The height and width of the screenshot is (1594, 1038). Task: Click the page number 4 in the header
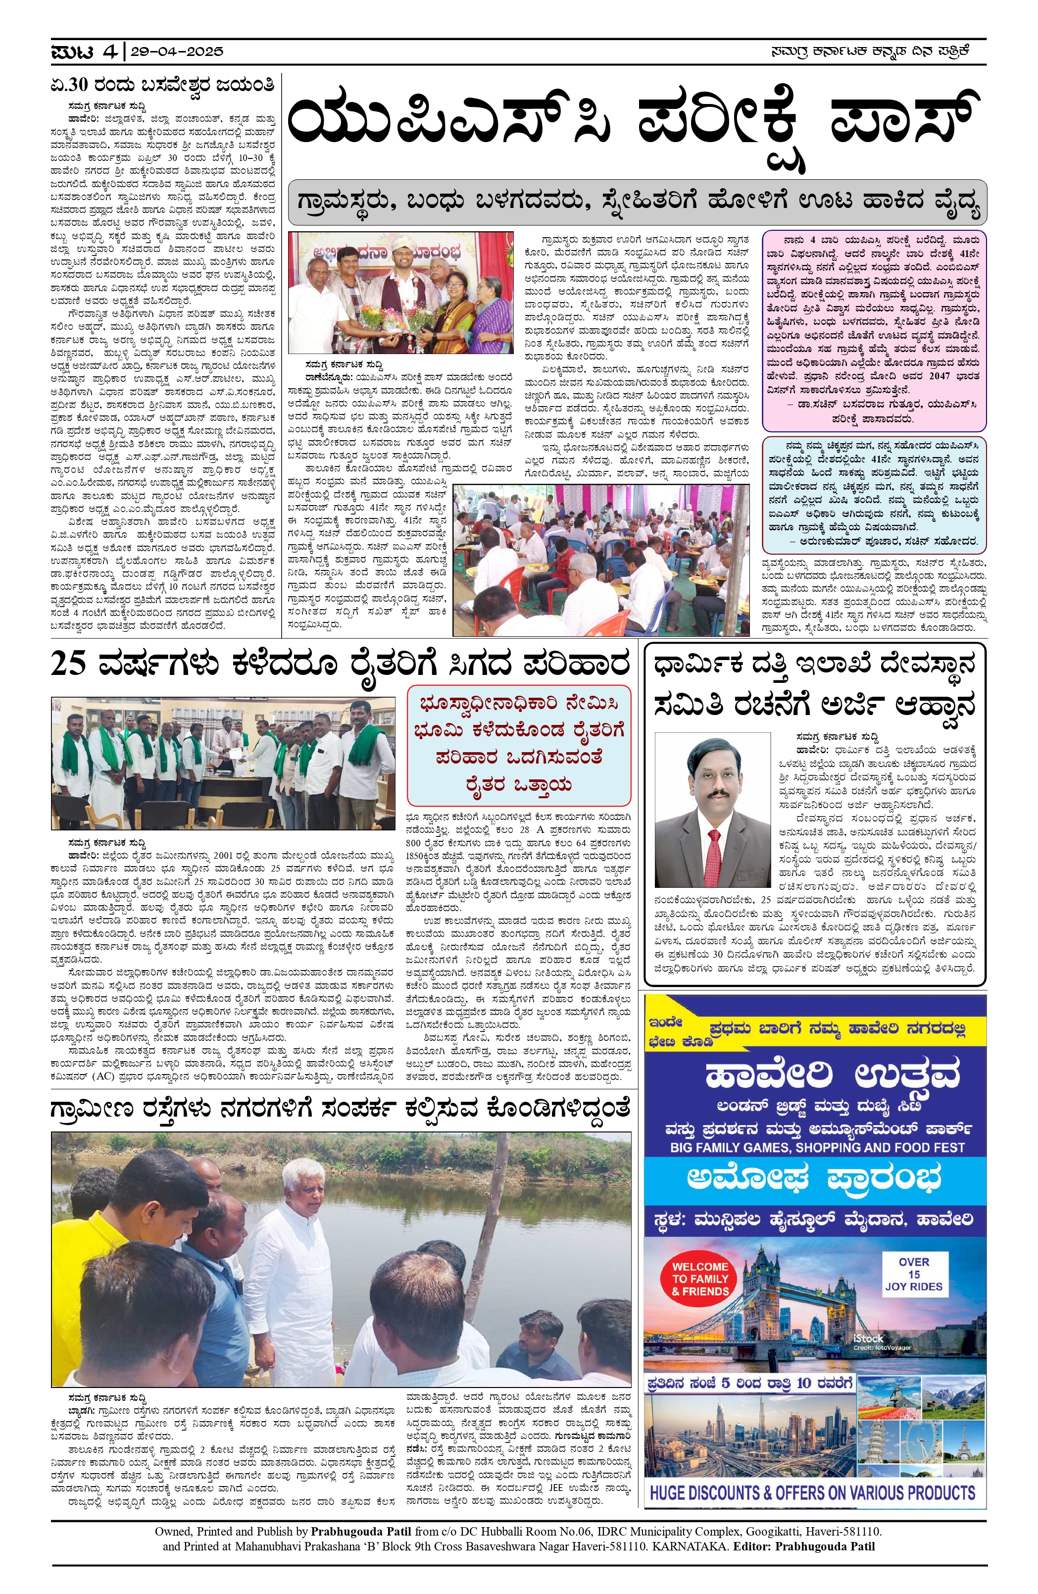click(x=110, y=51)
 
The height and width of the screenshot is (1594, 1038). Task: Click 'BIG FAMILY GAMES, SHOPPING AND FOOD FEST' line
click(x=817, y=1147)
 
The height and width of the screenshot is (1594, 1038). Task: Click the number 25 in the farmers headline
click(x=70, y=665)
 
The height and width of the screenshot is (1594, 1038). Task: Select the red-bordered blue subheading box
click(x=519, y=745)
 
